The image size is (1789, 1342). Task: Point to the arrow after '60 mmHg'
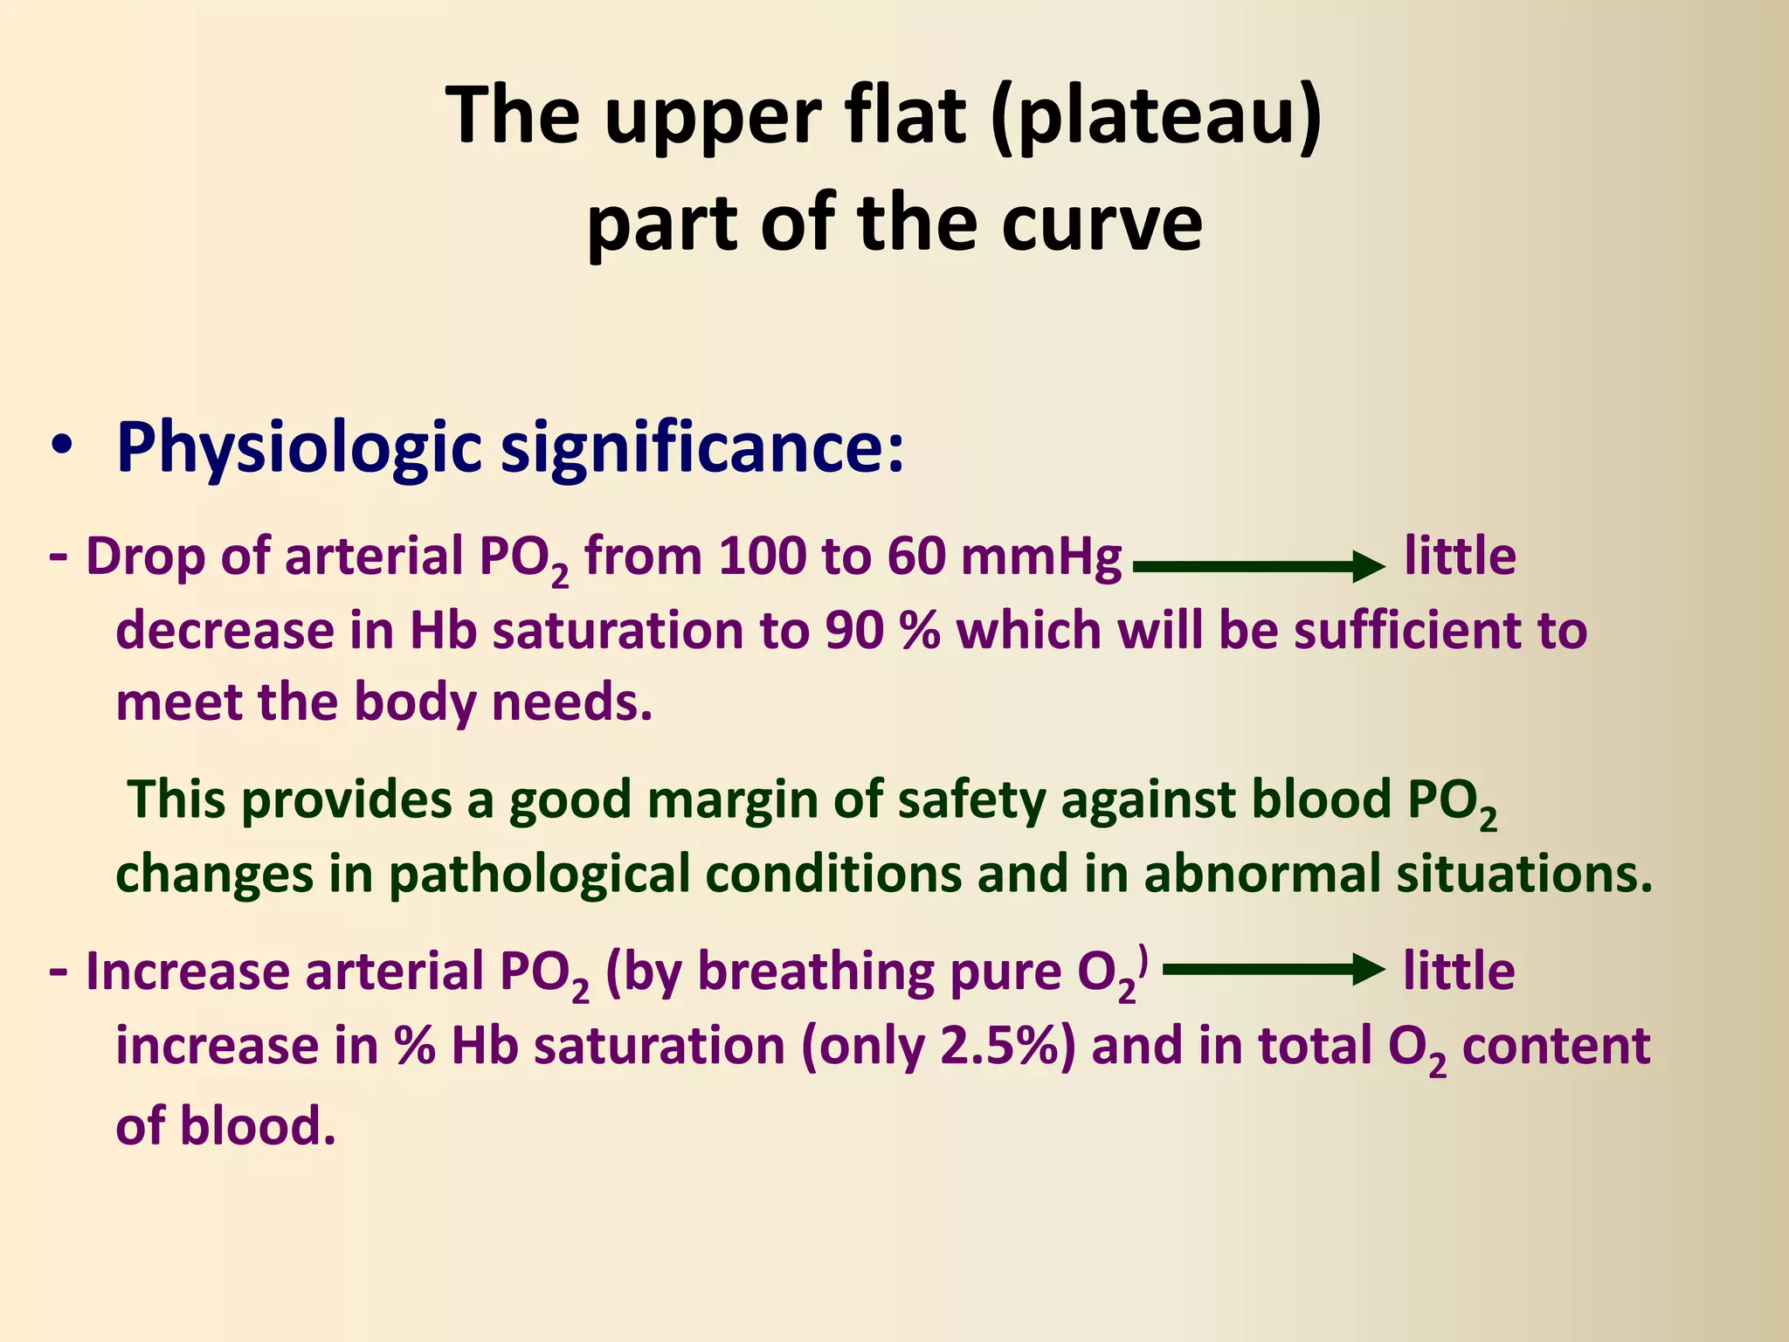[x=1258, y=566]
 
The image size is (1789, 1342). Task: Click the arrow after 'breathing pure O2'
[x=1274, y=970]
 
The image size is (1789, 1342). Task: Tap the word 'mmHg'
[x=1040, y=557]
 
